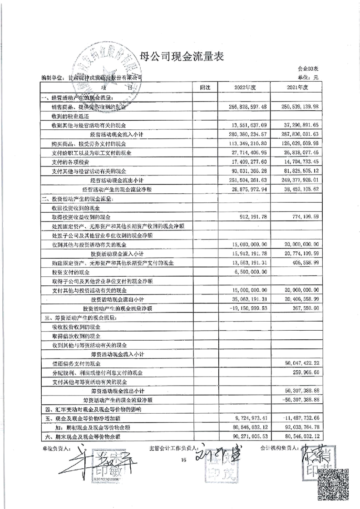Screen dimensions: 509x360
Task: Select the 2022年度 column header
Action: coord(246,87)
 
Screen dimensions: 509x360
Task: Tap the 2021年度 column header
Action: coord(297,87)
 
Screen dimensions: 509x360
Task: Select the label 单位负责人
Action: coord(55,448)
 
